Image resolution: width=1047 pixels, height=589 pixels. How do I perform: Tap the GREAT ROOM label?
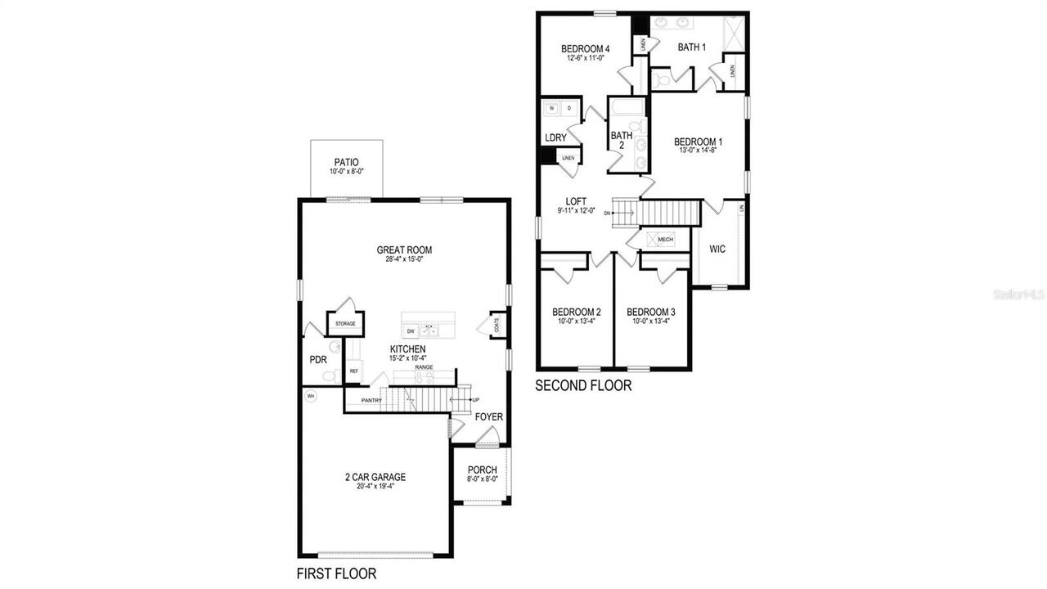click(404, 250)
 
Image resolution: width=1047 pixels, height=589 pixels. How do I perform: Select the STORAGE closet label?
click(345, 324)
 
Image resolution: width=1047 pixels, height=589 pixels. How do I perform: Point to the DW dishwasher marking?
click(411, 331)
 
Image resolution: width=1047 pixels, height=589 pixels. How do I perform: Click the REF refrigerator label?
click(354, 371)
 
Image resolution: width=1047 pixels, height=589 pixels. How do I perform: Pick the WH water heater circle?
click(310, 396)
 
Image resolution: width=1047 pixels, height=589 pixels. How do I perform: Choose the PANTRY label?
click(372, 400)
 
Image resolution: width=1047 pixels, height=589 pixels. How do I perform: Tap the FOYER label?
click(489, 417)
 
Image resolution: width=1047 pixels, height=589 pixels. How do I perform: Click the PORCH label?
click(482, 470)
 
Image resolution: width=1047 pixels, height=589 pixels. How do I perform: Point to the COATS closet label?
click(497, 324)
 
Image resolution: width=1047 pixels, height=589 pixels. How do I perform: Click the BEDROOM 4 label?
click(586, 49)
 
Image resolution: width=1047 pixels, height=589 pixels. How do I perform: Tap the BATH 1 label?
click(691, 47)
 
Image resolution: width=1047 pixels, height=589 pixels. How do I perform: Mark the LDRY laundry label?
click(555, 137)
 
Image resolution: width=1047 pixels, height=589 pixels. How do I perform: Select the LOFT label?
click(577, 201)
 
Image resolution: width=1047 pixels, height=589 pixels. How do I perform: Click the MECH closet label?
click(665, 240)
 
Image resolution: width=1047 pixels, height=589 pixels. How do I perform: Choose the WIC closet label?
click(717, 249)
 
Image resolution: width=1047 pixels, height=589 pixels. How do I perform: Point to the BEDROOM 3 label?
click(650, 312)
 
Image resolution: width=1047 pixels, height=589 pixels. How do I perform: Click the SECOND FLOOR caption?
click(583, 385)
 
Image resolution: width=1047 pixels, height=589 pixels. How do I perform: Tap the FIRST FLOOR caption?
click(336, 574)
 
